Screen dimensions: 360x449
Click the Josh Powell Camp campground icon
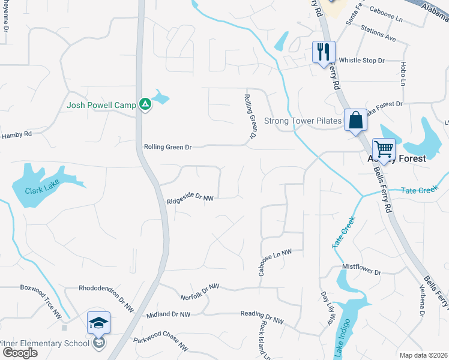[x=145, y=104]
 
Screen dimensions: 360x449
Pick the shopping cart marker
[x=384, y=148]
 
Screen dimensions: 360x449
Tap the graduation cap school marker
[x=98, y=323]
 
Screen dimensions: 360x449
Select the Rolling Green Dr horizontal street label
[x=167, y=147]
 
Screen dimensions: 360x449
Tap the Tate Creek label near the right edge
[x=420, y=191]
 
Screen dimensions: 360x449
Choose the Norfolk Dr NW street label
[x=201, y=293]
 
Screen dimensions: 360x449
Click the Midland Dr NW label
[x=168, y=314]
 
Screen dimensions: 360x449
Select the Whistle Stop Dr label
[x=361, y=61]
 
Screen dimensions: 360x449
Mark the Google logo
[x=19, y=353]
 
